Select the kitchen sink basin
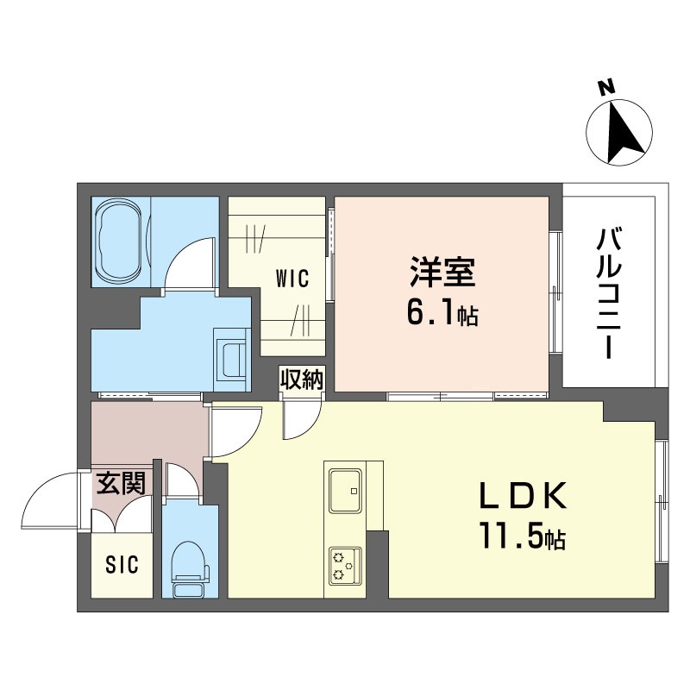pos(346,491)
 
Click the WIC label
pos(292,279)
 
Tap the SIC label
pos(122,565)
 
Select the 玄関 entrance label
pos(121,483)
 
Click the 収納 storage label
pos(303,379)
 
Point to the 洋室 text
pos(442,272)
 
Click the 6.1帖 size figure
pos(442,313)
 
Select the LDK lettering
pos(524,495)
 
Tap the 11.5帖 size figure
pos(523,536)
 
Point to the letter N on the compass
pos(607,89)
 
